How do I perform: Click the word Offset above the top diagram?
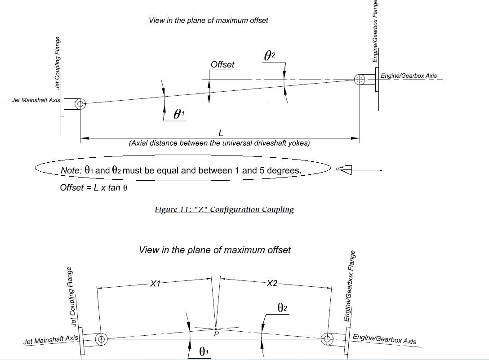222,64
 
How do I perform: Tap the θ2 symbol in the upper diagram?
270,55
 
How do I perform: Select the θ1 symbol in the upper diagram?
179,114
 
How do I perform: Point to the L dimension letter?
221,133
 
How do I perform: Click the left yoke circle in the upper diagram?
80,104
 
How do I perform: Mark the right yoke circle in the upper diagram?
359,80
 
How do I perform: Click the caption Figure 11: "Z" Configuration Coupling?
224,209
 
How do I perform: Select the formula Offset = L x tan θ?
93,187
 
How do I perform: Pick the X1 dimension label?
155,283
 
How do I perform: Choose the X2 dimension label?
272,283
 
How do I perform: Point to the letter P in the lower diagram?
217,334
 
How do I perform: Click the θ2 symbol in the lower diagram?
283,308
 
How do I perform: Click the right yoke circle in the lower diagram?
327,339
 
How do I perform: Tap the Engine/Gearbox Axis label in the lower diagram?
384,339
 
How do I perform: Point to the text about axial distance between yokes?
219,143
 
